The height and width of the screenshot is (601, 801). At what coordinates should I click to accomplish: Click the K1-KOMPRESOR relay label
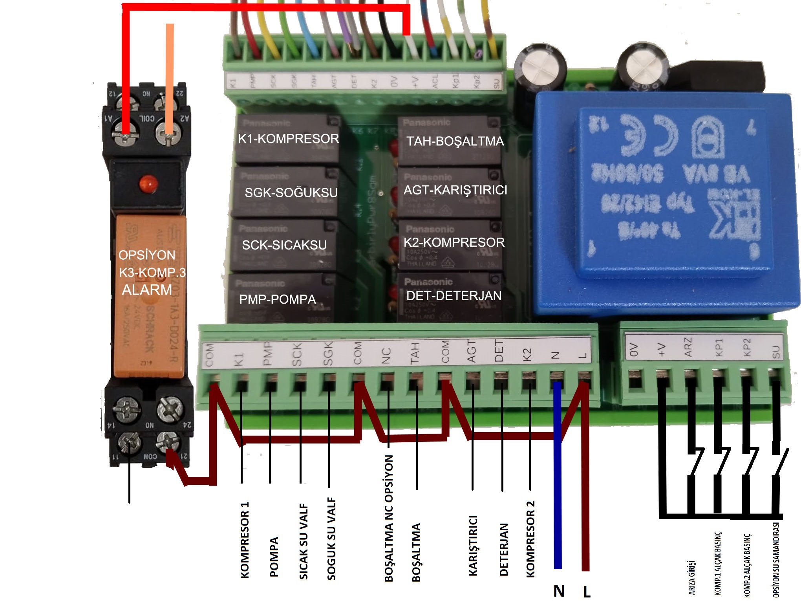288,139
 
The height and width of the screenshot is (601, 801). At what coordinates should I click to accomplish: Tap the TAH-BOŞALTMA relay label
455,141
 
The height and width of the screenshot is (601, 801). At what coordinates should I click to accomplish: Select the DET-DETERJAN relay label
454,295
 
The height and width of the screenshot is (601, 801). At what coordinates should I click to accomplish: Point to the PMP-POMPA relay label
277,299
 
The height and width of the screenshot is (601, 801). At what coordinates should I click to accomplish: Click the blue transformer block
664,204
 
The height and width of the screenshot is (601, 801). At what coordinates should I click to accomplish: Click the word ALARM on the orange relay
147,290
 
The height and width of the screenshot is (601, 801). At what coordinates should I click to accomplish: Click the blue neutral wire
557,491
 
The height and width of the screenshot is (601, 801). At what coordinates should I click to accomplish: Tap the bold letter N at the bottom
559,591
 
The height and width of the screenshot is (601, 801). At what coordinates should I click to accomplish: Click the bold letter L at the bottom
586,591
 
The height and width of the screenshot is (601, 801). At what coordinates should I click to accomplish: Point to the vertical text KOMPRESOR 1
244,540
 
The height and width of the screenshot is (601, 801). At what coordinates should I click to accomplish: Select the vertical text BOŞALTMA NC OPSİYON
388,519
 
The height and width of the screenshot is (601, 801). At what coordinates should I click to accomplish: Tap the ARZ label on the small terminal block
688,348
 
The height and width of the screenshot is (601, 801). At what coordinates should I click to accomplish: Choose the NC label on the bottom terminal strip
386,356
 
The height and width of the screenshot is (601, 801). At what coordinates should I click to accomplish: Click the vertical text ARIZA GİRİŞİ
692,577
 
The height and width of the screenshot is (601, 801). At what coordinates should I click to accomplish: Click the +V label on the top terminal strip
415,82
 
